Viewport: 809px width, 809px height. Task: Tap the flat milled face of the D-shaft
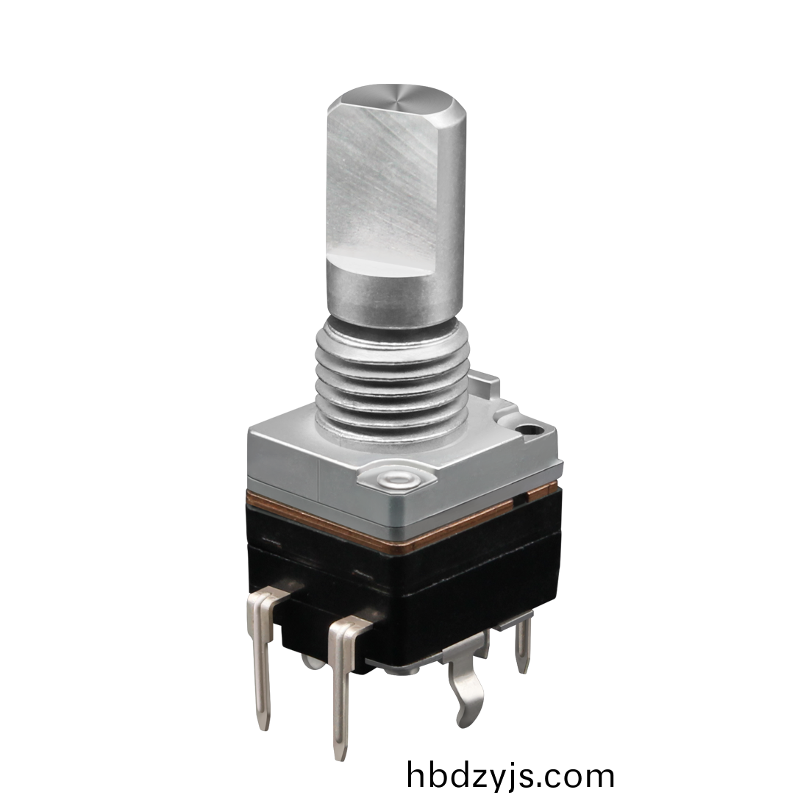point(382,186)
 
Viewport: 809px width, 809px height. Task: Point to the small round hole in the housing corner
point(528,429)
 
